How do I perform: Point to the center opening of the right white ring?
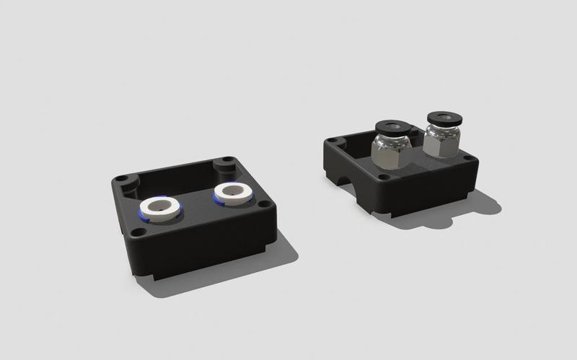click(232, 191)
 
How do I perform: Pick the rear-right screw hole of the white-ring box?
click(226, 160)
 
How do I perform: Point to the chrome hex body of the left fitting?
click(390, 152)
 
